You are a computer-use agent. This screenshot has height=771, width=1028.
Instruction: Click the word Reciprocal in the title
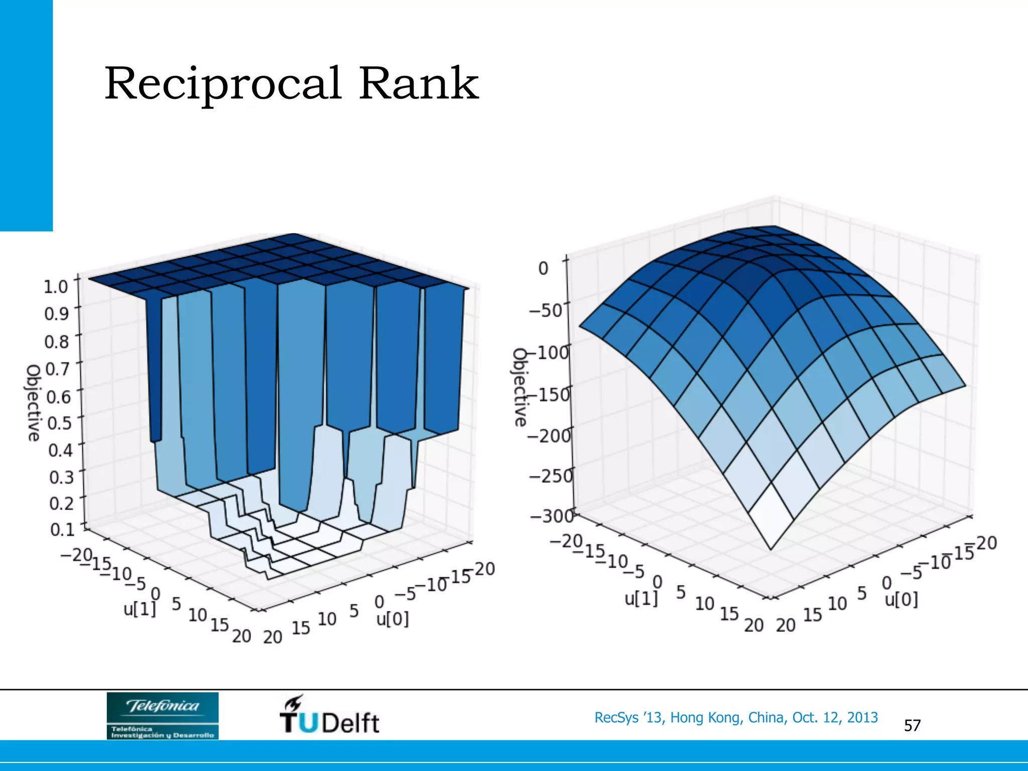[223, 83]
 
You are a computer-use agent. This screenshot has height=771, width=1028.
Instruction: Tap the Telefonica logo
[163, 715]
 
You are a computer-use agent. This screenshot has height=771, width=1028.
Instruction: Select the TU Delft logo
[329, 715]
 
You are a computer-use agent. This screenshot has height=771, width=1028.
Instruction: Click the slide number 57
[912, 725]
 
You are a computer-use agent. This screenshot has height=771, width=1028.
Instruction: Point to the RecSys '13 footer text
[736, 717]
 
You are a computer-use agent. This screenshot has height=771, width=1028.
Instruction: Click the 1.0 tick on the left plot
[56, 287]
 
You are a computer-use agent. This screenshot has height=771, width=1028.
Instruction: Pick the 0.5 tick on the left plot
[59, 423]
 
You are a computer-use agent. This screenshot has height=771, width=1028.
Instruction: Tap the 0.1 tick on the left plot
[62, 529]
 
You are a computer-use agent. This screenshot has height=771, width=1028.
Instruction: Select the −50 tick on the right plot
[546, 310]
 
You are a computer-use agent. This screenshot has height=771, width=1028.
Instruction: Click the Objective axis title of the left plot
[33, 403]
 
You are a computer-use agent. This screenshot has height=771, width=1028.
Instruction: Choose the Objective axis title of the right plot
[520, 387]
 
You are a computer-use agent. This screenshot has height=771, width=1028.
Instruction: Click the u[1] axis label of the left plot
[140, 609]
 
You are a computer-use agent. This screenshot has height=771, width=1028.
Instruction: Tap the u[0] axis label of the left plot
[393, 619]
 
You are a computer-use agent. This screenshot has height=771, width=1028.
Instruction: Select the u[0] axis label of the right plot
[902, 599]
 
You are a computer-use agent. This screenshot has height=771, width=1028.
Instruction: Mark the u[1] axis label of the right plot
[640, 598]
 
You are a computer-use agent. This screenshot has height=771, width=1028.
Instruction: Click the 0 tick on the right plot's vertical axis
[543, 268]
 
